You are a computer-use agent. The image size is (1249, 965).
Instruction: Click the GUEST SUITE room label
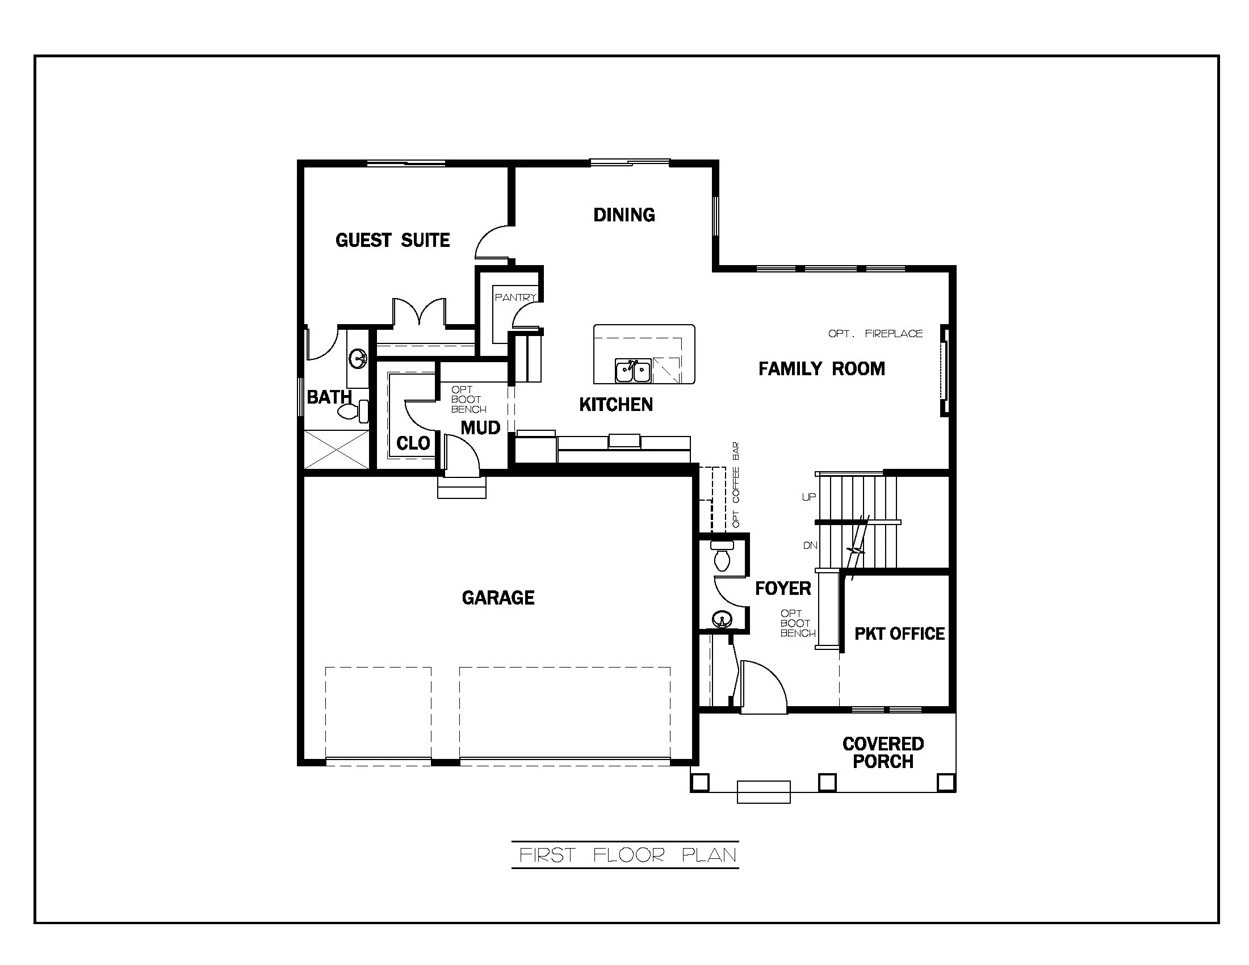click(x=392, y=240)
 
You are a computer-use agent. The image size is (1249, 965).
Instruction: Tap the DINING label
click(x=624, y=215)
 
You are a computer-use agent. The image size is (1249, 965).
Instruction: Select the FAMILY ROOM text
click(x=822, y=369)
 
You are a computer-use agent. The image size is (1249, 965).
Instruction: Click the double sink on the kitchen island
click(x=633, y=371)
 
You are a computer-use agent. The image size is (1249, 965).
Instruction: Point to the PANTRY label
click(x=515, y=297)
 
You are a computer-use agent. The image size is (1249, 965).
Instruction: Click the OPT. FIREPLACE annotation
click(x=875, y=334)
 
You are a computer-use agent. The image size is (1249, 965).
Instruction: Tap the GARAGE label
click(x=497, y=598)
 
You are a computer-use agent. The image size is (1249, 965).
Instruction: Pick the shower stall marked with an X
click(x=336, y=450)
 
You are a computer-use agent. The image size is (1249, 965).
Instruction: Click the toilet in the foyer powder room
click(x=722, y=557)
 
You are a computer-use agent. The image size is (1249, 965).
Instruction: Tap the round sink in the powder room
click(x=722, y=619)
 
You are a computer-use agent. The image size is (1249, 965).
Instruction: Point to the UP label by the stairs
click(x=808, y=497)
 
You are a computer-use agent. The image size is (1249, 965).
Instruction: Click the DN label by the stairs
click(x=810, y=546)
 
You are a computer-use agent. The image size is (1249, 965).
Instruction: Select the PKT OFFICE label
click(x=899, y=634)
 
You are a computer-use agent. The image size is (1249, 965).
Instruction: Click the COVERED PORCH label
click(x=882, y=753)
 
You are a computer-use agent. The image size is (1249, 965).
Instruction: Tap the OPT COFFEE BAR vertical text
click(x=736, y=485)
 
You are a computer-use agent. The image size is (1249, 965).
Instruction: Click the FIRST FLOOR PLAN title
click(x=625, y=855)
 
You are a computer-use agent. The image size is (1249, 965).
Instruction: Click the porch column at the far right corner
click(x=946, y=782)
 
